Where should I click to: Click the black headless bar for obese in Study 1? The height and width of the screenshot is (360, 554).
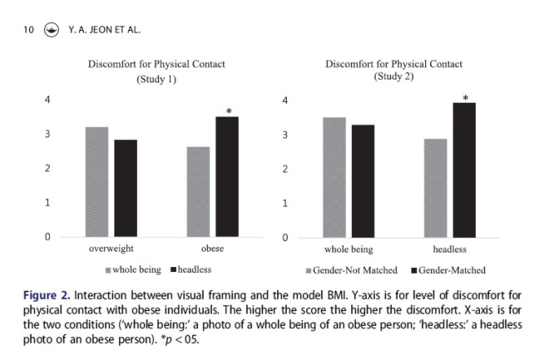226,177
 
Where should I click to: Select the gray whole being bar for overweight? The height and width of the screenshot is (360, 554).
96,182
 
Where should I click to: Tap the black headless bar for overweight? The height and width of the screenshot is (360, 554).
125,188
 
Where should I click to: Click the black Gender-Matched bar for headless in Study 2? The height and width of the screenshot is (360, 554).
464,170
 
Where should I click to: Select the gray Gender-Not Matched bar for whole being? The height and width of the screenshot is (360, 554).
334,178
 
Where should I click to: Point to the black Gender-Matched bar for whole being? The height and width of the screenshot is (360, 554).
363,181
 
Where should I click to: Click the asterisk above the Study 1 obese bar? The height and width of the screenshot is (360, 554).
229,112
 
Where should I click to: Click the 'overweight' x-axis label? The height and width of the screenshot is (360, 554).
111,248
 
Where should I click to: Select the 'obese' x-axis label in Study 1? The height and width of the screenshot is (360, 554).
212,248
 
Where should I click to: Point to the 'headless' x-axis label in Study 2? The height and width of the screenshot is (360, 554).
449,249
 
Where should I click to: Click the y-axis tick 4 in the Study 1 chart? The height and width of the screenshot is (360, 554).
47,99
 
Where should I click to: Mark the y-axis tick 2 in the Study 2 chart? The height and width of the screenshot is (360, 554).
284,169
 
